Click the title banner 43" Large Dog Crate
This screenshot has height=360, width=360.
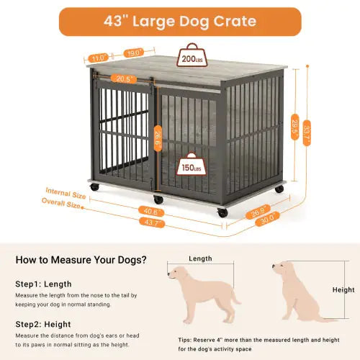(x=179, y=21)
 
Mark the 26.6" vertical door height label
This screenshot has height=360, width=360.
(x=158, y=134)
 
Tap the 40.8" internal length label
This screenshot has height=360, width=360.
(x=153, y=212)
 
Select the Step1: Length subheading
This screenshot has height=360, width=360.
(x=43, y=284)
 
